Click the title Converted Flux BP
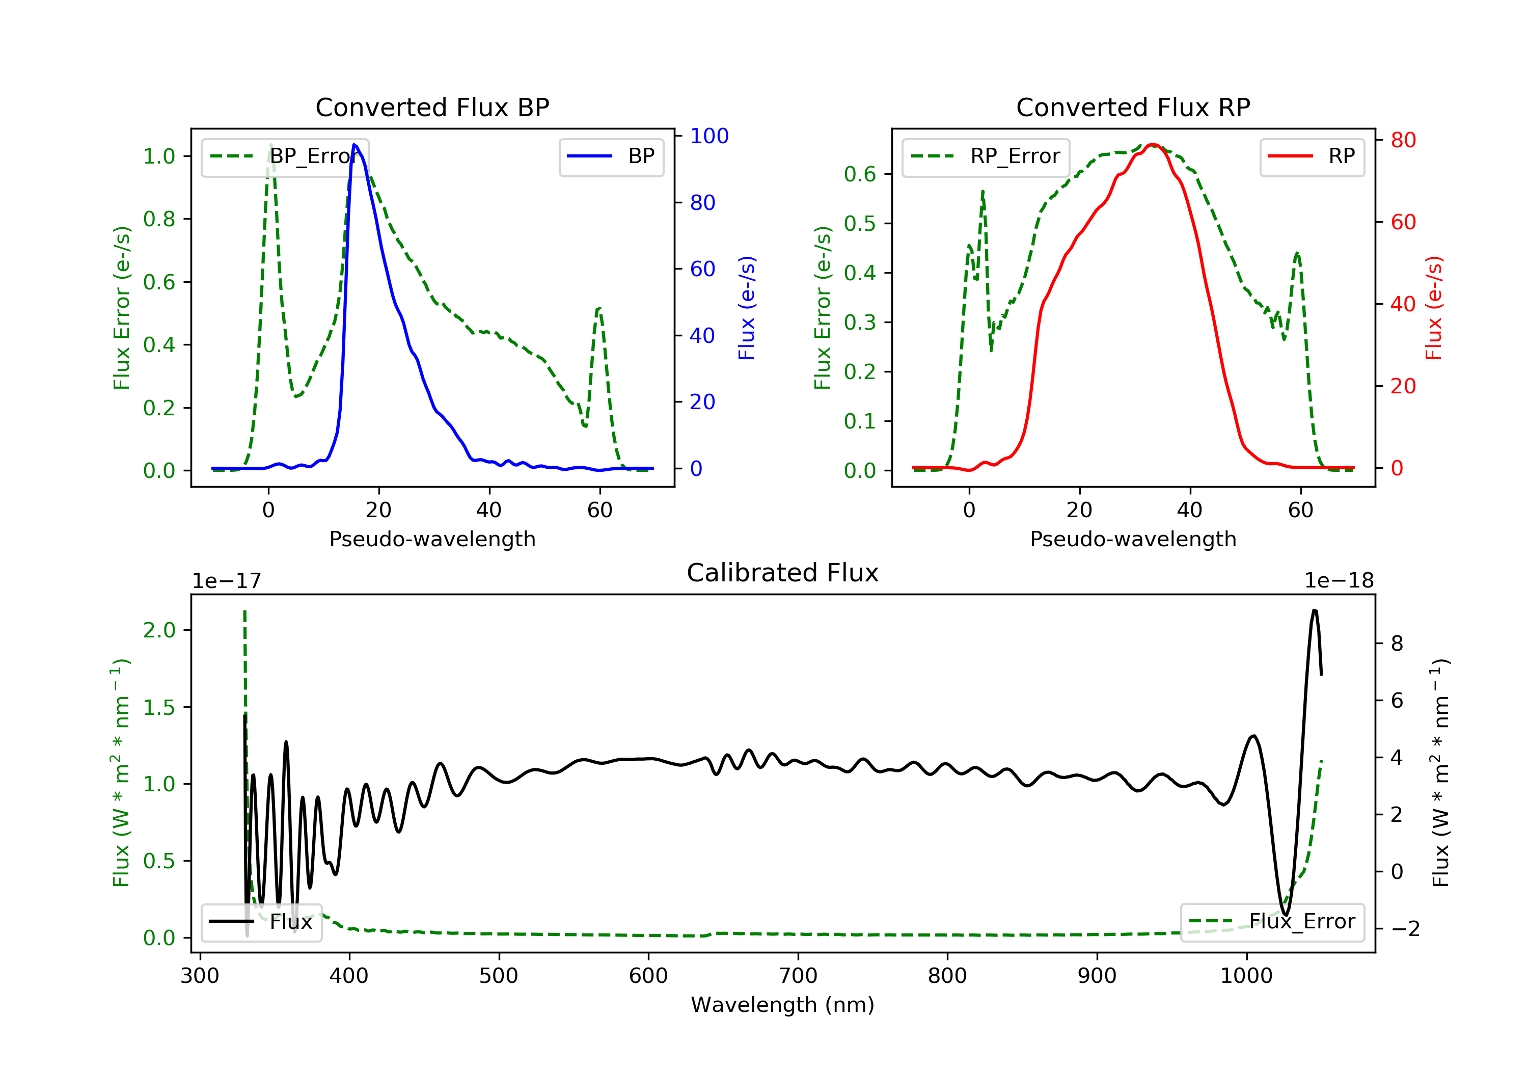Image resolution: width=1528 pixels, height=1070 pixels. click(x=432, y=107)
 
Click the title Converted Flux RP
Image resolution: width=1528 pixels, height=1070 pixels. click(x=1133, y=107)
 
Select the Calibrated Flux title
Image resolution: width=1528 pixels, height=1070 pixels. click(x=783, y=573)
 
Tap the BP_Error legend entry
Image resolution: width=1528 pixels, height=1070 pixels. click(x=285, y=156)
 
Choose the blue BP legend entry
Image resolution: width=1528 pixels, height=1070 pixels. click(x=611, y=156)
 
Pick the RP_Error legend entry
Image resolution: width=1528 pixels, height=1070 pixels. click(x=986, y=156)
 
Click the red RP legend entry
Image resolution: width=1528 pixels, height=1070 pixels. click(x=1312, y=156)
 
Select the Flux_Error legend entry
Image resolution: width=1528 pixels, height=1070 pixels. click(x=1272, y=922)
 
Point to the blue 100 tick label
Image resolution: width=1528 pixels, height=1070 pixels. click(x=709, y=136)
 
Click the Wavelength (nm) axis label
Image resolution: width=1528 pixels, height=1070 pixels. click(x=783, y=1005)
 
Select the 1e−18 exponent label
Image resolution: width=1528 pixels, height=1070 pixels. click(x=1339, y=581)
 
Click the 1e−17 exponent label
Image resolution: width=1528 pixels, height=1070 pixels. click(x=226, y=581)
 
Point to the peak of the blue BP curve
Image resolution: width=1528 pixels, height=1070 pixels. click(x=354, y=145)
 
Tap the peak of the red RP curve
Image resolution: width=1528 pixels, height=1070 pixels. click(x=1153, y=145)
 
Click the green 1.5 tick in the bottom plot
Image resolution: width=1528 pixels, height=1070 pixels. click(x=158, y=707)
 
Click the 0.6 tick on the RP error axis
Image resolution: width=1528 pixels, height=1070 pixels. click(x=859, y=174)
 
